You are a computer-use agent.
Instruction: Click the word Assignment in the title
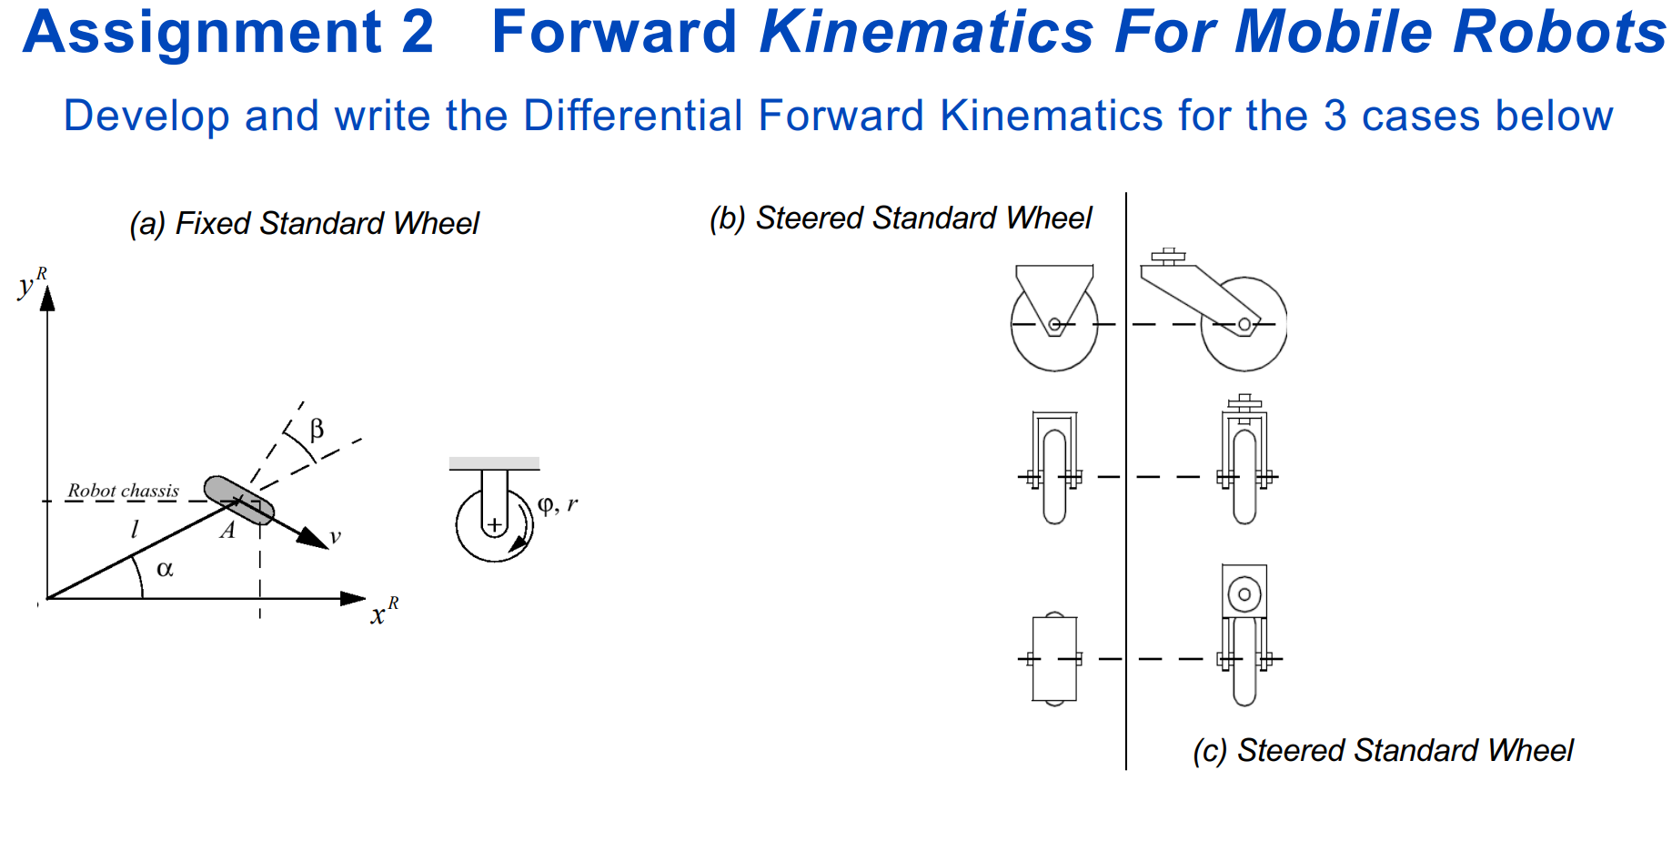[x=202, y=33]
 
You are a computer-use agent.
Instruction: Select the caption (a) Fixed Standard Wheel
[x=304, y=223]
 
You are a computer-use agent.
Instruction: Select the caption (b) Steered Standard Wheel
[x=900, y=218]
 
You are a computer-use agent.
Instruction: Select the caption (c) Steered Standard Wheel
[x=1382, y=751]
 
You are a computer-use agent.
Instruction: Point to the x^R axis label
[x=383, y=611]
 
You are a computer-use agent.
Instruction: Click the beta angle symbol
[x=316, y=429]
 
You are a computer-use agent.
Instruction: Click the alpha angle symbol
[x=165, y=570]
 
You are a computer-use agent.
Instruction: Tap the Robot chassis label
[x=124, y=491]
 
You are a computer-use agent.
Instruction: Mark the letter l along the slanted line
[x=135, y=529]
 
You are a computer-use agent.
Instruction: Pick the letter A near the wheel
[x=227, y=531]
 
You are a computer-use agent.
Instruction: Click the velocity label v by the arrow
[x=335, y=536]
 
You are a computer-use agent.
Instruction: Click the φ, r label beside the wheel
[x=557, y=504]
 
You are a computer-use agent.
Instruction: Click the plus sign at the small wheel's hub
[x=494, y=525]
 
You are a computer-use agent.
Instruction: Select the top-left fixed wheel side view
[x=1054, y=319]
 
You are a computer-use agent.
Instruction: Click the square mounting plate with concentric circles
[x=1244, y=593]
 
